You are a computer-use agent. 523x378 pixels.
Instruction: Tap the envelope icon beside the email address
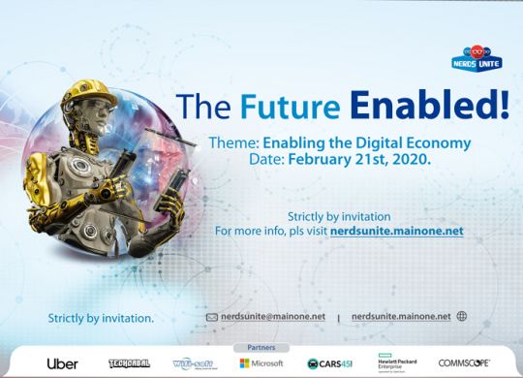(x=212, y=317)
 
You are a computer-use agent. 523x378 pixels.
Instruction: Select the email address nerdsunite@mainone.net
(x=273, y=317)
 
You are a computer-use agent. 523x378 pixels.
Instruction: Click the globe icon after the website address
(x=462, y=316)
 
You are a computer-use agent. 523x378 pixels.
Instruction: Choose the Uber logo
(x=63, y=363)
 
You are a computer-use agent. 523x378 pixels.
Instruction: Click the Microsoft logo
(x=261, y=363)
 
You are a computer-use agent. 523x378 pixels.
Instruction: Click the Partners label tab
(x=261, y=346)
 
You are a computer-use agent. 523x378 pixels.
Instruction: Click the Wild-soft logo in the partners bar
(x=196, y=363)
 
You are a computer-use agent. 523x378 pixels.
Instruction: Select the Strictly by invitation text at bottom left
(x=101, y=318)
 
